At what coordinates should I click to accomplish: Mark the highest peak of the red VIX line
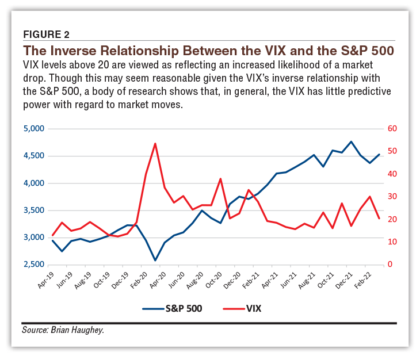(155, 144)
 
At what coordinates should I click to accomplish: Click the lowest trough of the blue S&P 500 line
(155, 261)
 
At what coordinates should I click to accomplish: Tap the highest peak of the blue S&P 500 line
(351, 141)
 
